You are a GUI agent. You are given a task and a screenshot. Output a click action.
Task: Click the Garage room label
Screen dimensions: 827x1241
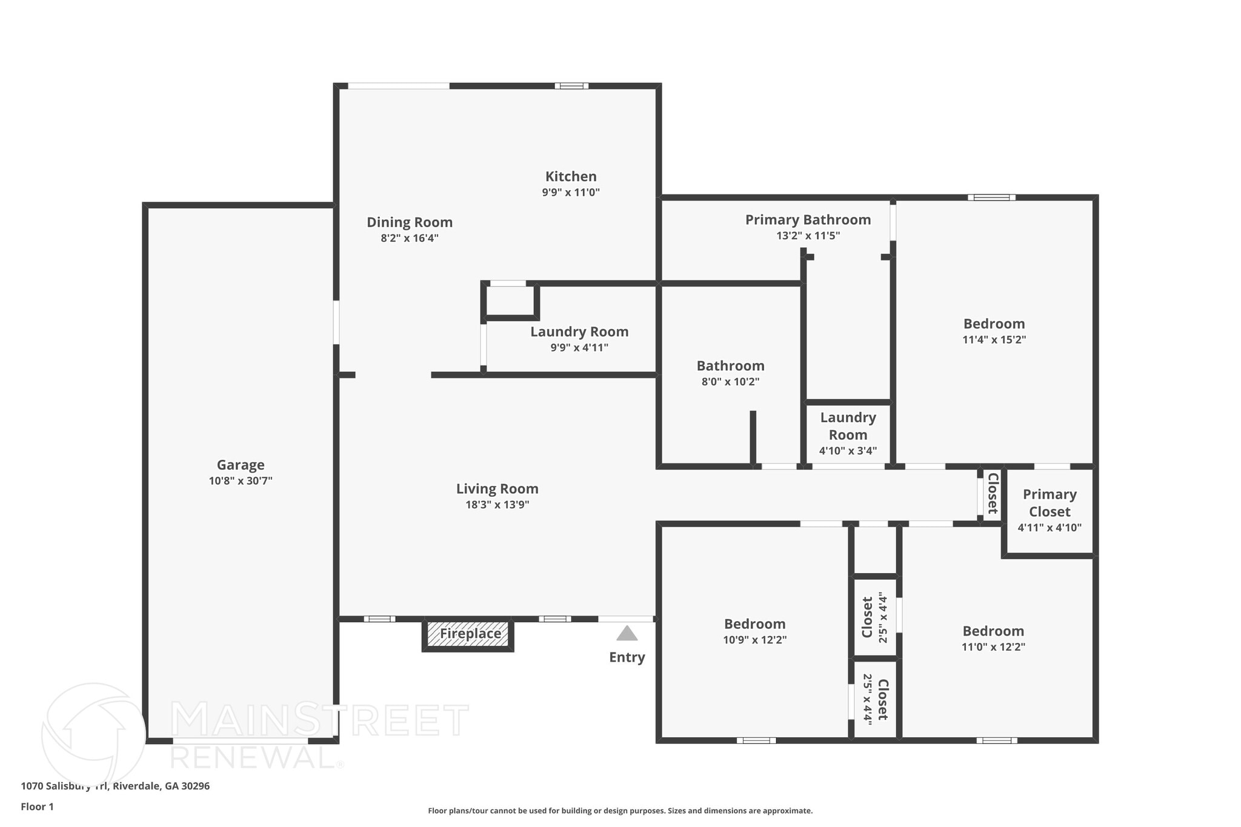click(x=241, y=465)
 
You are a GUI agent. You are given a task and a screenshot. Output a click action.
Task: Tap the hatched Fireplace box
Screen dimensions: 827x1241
click(x=468, y=634)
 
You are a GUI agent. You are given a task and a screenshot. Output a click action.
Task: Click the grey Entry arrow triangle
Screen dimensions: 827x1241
click(x=627, y=634)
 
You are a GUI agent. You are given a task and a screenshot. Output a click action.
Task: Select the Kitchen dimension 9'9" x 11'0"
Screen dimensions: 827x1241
click(x=570, y=193)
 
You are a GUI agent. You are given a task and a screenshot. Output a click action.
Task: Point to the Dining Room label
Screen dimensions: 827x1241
click(x=410, y=222)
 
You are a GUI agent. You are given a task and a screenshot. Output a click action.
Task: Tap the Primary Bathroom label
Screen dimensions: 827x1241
click(x=808, y=220)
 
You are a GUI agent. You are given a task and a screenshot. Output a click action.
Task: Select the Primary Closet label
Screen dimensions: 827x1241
click(x=1050, y=503)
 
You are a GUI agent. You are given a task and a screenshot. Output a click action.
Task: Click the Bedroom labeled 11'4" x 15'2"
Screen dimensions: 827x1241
click(x=994, y=324)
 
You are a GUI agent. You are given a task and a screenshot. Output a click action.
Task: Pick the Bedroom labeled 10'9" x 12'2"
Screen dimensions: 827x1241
click(x=754, y=624)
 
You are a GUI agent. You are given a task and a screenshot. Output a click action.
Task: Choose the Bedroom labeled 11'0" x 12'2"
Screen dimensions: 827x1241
click(x=993, y=631)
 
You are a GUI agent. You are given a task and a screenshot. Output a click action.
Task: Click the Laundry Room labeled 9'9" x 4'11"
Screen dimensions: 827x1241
click(x=579, y=332)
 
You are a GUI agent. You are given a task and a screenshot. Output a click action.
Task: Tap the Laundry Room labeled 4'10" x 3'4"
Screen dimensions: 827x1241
click(x=848, y=426)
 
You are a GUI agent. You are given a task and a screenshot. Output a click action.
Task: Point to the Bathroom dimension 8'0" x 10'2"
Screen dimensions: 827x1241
click(x=730, y=382)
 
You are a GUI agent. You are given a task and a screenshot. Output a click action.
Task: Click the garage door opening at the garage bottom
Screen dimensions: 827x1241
click(x=241, y=740)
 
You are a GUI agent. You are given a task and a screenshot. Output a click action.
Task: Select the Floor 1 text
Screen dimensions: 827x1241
click(x=37, y=806)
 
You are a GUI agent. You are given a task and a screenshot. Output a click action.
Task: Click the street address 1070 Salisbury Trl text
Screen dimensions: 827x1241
click(x=115, y=786)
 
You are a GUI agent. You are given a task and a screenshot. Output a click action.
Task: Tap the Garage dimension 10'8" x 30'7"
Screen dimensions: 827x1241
click(x=241, y=481)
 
